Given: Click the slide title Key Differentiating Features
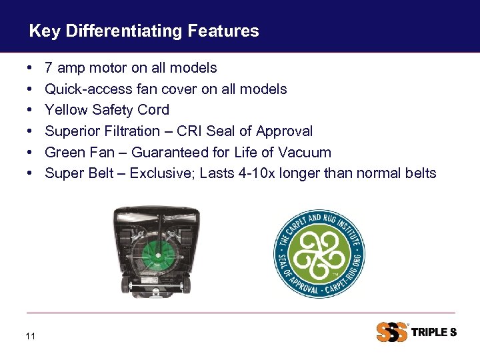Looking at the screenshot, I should (144, 31).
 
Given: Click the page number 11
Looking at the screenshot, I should (30, 337).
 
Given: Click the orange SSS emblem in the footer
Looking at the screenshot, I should (391, 332).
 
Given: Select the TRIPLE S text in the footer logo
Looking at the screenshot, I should (434, 332).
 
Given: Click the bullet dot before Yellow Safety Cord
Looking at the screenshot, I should (31, 110).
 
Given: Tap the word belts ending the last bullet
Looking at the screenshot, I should (419, 174).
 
